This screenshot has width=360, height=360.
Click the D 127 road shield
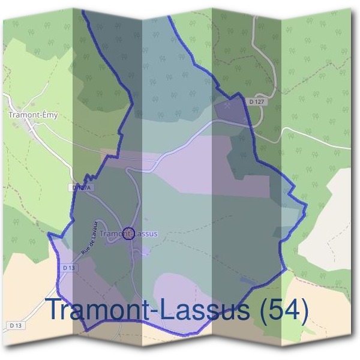[x=256, y=102]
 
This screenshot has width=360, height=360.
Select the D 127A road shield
[x=82, y=188]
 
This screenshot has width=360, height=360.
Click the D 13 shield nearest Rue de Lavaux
[x=68, y=267]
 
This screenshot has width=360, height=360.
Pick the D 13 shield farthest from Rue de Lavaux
[x=16, y=325]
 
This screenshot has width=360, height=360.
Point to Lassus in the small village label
[x=144, y=233]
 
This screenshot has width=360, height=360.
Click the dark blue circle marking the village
[x=127, y=233]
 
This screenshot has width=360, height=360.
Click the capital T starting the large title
[x=55, y=310]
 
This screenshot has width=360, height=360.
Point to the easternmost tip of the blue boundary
[x=307, y=209]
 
